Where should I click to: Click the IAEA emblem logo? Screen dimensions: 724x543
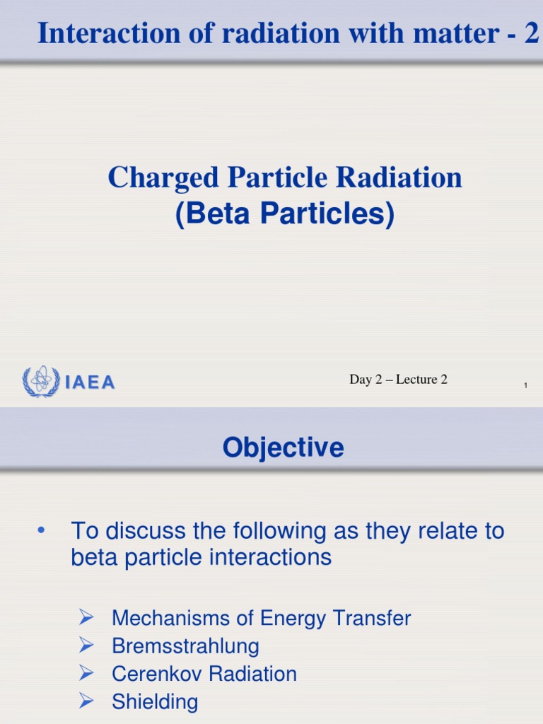42,382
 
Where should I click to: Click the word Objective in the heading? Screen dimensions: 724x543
283,448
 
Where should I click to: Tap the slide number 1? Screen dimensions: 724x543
526,385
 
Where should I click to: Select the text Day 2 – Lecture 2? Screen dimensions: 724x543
398,380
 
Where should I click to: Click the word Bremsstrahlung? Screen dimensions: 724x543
185,646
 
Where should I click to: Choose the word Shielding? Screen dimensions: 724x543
155,701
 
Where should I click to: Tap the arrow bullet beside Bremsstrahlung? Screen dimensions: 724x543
86,645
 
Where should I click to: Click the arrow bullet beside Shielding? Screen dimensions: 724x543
86,701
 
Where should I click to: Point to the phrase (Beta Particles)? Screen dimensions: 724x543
285,215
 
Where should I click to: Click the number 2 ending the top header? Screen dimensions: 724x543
532,33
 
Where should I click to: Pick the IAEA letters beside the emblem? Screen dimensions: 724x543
90,383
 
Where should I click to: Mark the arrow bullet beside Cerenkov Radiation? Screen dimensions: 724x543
86,673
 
